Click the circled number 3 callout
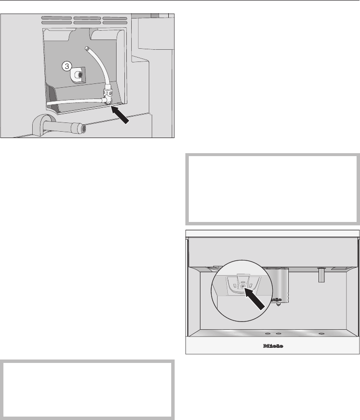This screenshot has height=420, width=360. click(67, 66)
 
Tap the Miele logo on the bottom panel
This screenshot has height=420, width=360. click(273, 346)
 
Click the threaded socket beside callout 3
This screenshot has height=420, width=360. click(79, 75)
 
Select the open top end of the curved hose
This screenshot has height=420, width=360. click(87, 48)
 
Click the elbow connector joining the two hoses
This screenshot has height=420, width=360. click(107, 100)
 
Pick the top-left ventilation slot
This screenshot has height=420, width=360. click(57, 18)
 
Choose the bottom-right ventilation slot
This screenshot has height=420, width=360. click(115, 23)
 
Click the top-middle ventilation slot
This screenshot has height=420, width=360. click(87, 18)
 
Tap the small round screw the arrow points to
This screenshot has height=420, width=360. click(242, 286)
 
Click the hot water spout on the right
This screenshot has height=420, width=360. click(321, 275)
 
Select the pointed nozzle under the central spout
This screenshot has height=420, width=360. click(279, 304)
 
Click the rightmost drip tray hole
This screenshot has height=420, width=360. click(321, 334)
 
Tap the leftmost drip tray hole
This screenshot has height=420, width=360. click(268, 334)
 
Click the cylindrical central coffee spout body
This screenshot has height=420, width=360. click(279, 285)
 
